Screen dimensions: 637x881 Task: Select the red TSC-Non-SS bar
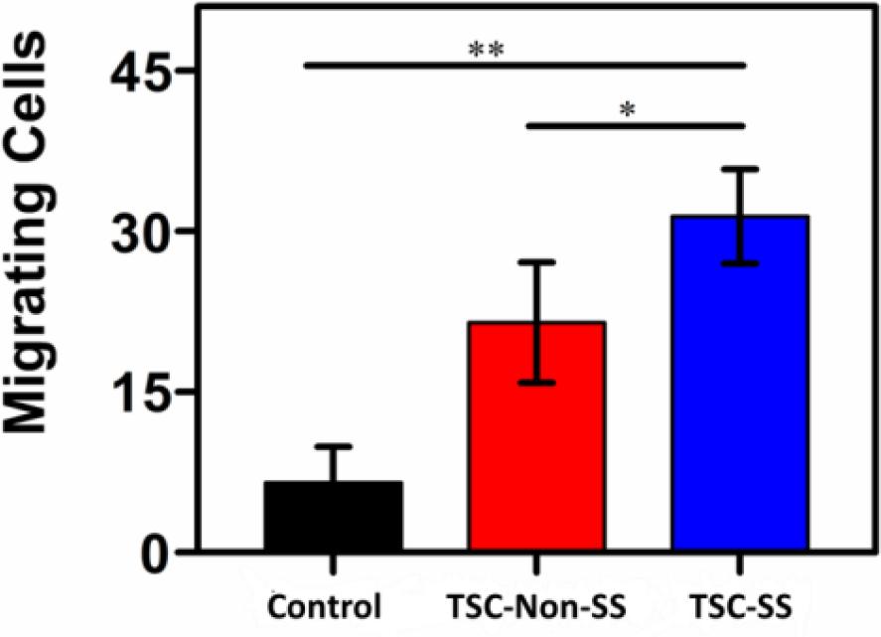click(536, 437)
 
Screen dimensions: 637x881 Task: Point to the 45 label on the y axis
click(142, 73)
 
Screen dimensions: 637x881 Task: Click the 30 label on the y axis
click(142, 233)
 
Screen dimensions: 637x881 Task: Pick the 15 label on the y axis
click(142, 392)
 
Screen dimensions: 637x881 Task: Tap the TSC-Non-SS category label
click(536, 606)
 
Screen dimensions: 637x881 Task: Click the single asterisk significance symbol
click(627, 110)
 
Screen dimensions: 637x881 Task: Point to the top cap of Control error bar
click(333, 446)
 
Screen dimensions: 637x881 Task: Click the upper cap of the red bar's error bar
click(536, 261)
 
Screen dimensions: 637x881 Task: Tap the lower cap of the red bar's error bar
click(536, 383)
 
